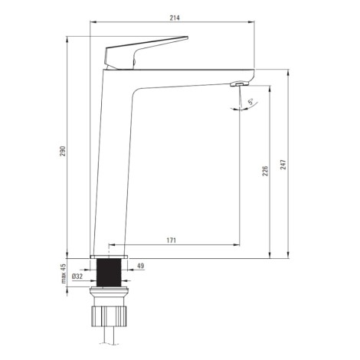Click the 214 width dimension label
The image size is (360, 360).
(x=175, y=18)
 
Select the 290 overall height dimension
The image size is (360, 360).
(x=63, y=151)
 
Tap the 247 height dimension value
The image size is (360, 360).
(x=283, y=165)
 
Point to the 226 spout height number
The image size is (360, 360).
(x=266, y=171)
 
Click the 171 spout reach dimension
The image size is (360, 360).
(x=172, y=241)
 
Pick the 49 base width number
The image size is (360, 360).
(x=141, y=266)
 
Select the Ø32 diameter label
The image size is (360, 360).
(x=77, y=277)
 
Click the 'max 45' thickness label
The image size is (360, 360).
(x=64, y=273)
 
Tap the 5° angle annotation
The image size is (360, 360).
(x=250, y=102)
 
